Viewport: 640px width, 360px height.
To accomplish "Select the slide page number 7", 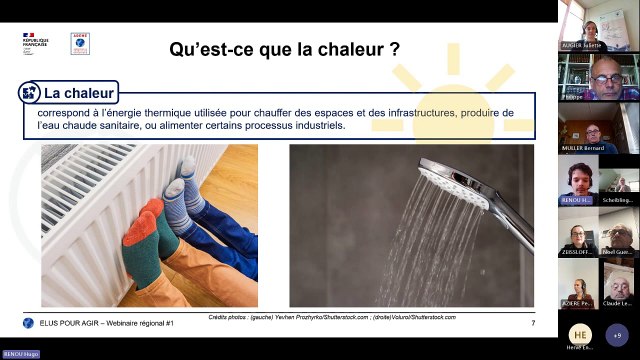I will coord(532,321).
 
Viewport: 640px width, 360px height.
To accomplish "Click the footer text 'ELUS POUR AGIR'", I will coord(68,322).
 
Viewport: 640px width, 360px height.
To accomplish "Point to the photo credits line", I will coord(332,316).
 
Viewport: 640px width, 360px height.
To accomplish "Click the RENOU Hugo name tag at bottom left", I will coord(19,354).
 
